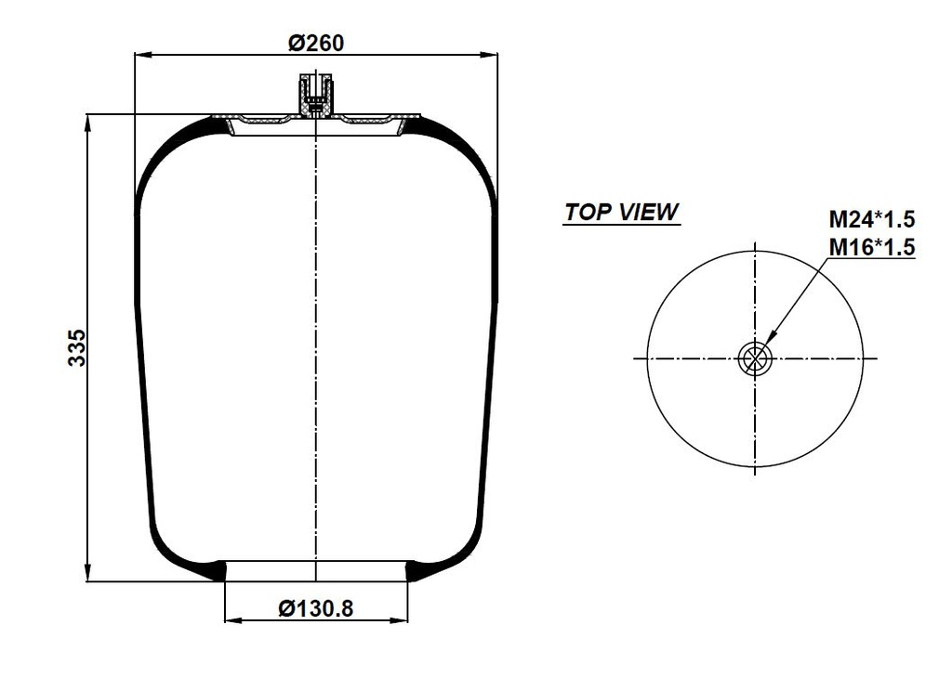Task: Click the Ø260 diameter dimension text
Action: pos(316,43)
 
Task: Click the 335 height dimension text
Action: pos(77,348)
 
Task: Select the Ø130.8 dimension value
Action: pos(316,608)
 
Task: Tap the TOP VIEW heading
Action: pos(621,212)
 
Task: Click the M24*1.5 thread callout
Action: pos(872,219)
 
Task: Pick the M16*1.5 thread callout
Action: pos(872,247)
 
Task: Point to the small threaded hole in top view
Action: pos(755,358)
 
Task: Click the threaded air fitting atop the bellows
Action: pos(316,96)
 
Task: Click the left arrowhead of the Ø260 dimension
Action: pos(142,55)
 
